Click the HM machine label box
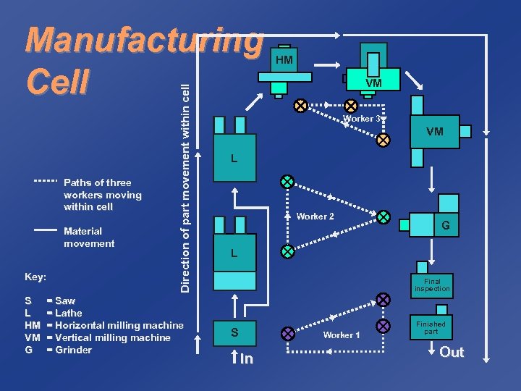284,60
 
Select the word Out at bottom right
452,353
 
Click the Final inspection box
432,285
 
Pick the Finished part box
431,327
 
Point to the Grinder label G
446,226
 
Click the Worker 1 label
342,335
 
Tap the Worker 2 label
315,216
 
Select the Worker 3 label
361,119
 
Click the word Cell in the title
57,81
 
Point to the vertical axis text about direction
185,188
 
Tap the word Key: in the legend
35,277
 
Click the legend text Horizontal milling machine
119,325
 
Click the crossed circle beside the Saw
288,334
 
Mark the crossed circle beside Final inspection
383,299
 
